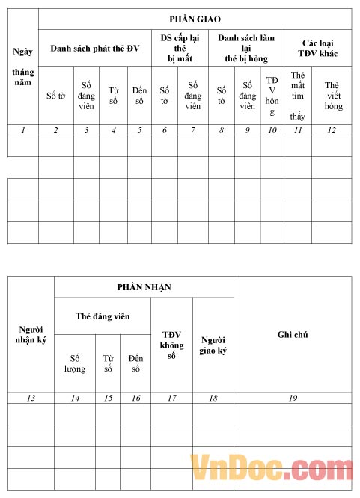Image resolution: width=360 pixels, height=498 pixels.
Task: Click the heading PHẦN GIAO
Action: click(195, 18)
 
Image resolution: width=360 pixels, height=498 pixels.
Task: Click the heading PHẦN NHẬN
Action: click(144, 287)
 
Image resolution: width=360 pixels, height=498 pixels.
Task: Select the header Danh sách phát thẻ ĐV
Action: click(95, 48)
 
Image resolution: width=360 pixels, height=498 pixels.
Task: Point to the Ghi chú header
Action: click(293, 334)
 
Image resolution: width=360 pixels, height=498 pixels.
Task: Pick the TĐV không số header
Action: click(171, 345)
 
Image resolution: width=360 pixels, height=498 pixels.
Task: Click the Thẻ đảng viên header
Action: click(103, 316)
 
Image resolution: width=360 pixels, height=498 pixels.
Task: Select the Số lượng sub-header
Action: click(74, 363)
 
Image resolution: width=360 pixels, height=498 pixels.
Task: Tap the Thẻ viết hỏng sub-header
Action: click(333, 96)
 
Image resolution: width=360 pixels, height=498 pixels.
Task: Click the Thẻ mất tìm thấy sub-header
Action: click(298, 96)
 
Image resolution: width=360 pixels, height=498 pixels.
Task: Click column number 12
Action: click(332, 130)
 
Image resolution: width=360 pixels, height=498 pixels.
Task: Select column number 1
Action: click(23, 130)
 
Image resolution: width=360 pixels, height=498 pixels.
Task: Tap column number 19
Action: click(293, 398)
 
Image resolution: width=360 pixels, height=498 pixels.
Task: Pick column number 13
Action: click(31, 398)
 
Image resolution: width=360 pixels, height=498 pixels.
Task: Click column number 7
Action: click(193, 130)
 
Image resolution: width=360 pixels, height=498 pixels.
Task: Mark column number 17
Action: click(171, 398)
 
